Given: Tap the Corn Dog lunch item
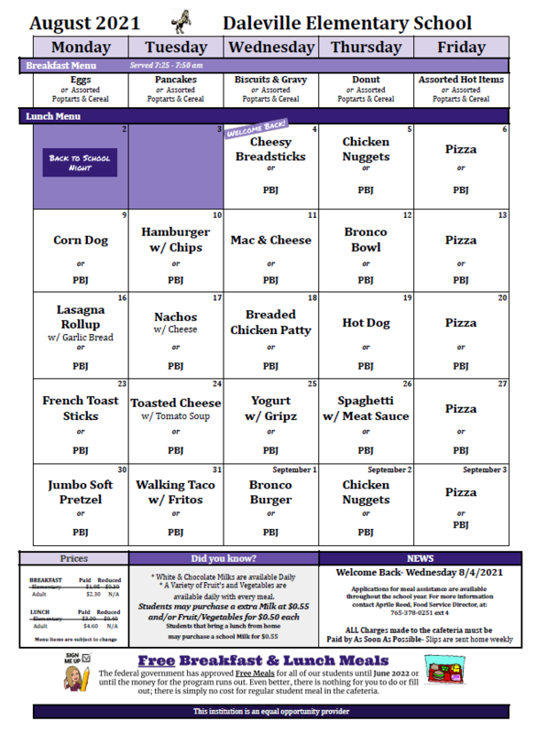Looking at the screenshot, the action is tap(80, 241).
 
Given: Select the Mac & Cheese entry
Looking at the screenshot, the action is tap(270, 241).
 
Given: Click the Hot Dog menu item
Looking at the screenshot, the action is tap(366, 322).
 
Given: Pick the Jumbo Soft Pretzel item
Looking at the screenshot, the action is tap(80, 492).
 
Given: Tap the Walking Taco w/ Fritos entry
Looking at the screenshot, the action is tap(176, 492).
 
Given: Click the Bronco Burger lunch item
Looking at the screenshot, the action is tap(270, 492).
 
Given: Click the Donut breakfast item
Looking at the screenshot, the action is tap(366, 80).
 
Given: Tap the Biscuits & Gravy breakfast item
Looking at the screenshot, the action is tap(270, 80).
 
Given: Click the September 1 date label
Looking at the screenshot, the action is tap(293, 470).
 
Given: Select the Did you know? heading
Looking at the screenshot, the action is tap(225, 556).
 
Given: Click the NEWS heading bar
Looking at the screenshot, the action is tap(421, 556).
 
